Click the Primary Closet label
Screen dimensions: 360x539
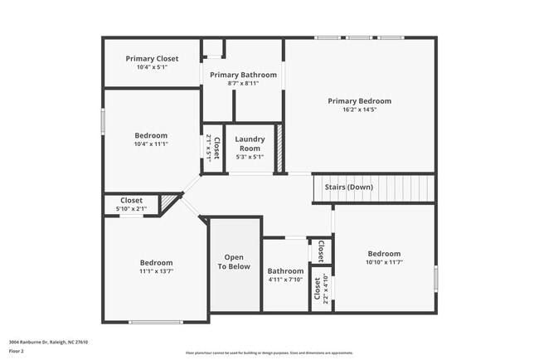click(152, 58)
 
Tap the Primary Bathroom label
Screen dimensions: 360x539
click(243, 75)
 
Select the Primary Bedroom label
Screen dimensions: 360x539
click(358, 101)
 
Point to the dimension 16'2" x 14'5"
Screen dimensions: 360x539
click(358, 109)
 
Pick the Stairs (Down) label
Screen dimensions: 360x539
click(348, 187)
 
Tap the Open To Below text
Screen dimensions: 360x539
click(234, 262)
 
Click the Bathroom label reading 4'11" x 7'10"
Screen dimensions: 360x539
click(285, 271)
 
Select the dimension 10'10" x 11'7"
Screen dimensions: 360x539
click(384, 262)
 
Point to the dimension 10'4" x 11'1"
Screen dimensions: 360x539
click(152, 144)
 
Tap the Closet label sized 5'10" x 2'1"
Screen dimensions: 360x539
click(132, 200)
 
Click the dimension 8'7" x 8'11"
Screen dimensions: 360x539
click(243, 83)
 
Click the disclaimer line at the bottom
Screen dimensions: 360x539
click(269, 353)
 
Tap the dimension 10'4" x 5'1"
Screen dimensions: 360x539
click(152, 67)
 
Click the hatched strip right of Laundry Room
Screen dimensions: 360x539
click(280, 149)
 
